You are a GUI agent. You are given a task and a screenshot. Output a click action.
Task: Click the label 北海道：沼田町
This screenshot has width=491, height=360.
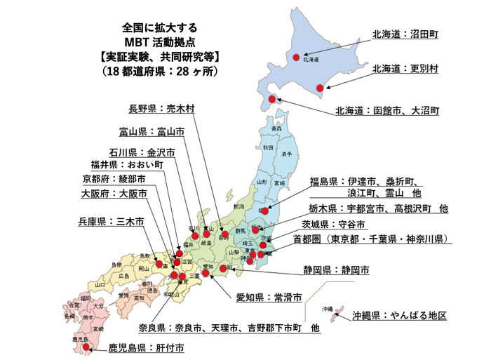pos(405,34)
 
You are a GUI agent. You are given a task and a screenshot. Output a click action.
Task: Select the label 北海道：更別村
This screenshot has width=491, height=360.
pos(405,69)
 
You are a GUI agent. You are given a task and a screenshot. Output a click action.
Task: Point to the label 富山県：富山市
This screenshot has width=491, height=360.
pos(152,131)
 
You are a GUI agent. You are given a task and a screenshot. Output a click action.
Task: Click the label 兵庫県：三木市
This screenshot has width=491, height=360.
pos(111,221)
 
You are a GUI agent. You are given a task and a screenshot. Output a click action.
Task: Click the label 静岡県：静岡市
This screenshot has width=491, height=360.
pos(336,269)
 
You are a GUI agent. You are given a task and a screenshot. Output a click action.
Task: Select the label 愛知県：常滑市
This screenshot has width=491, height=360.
pos(269,298)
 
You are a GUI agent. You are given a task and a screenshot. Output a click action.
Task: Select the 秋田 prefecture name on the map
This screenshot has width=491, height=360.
pos(268,148)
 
